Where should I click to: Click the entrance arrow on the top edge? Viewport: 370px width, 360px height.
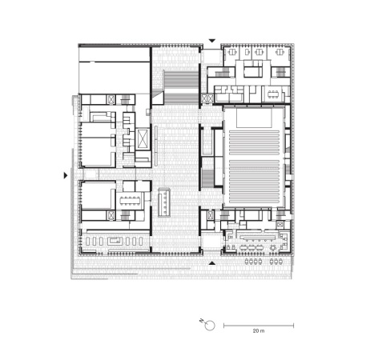[x=212, y=40]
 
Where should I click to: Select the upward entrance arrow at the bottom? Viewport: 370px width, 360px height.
[x=211, y=262]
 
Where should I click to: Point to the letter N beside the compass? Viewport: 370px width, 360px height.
[x=201, y=319]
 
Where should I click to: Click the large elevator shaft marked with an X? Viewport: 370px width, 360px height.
[x=142, y=140]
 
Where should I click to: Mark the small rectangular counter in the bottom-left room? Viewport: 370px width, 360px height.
[x=112, y=238]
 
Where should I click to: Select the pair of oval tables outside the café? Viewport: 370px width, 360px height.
[x=278, y=261]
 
